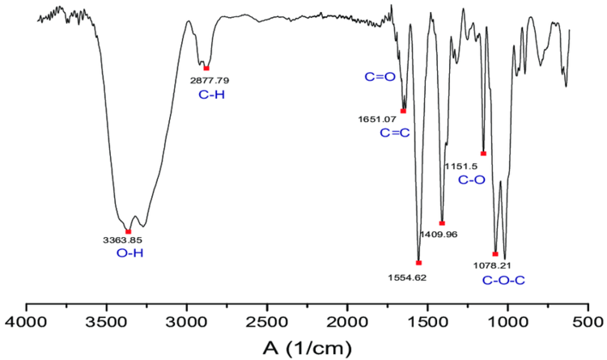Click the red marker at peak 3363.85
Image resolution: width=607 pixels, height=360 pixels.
coord(129,231)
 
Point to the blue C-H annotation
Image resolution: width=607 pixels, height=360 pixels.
coord(210,95)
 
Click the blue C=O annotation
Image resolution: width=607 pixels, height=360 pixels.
coord(379,78)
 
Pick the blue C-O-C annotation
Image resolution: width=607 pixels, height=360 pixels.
coord(503,280)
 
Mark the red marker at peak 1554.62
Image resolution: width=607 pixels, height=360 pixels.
coord(418,262)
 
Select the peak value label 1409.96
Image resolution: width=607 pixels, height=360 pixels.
coord(438,235)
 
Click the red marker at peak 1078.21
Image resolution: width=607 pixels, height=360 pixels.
coord(495,254)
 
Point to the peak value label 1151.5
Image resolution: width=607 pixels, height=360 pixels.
coord(462,166)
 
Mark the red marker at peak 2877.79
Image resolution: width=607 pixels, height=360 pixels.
coord(206,68)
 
